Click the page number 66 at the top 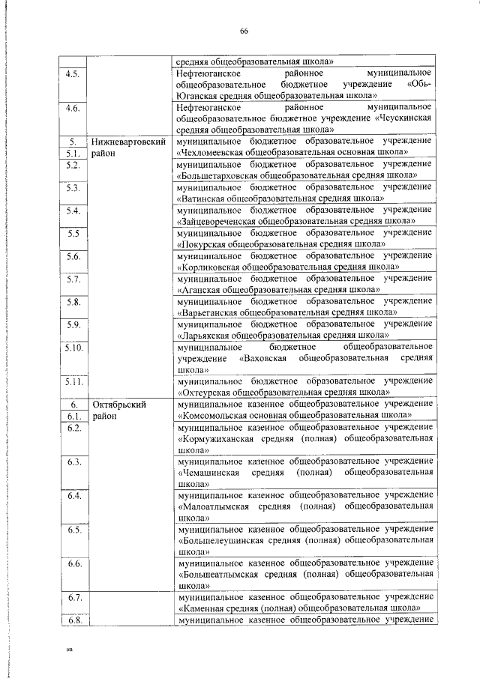[x=244, y=31]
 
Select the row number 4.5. [x=73, y=75]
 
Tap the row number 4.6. [x=73, y=109]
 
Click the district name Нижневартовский [x=127, y=141]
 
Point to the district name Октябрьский [x=118, y=405]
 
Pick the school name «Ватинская [x=203, y=199]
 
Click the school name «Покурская [x=205, y=244]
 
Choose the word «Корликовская [x=211, y=267]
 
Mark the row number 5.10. [x=73, y=348]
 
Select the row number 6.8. [x=73, y=620]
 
